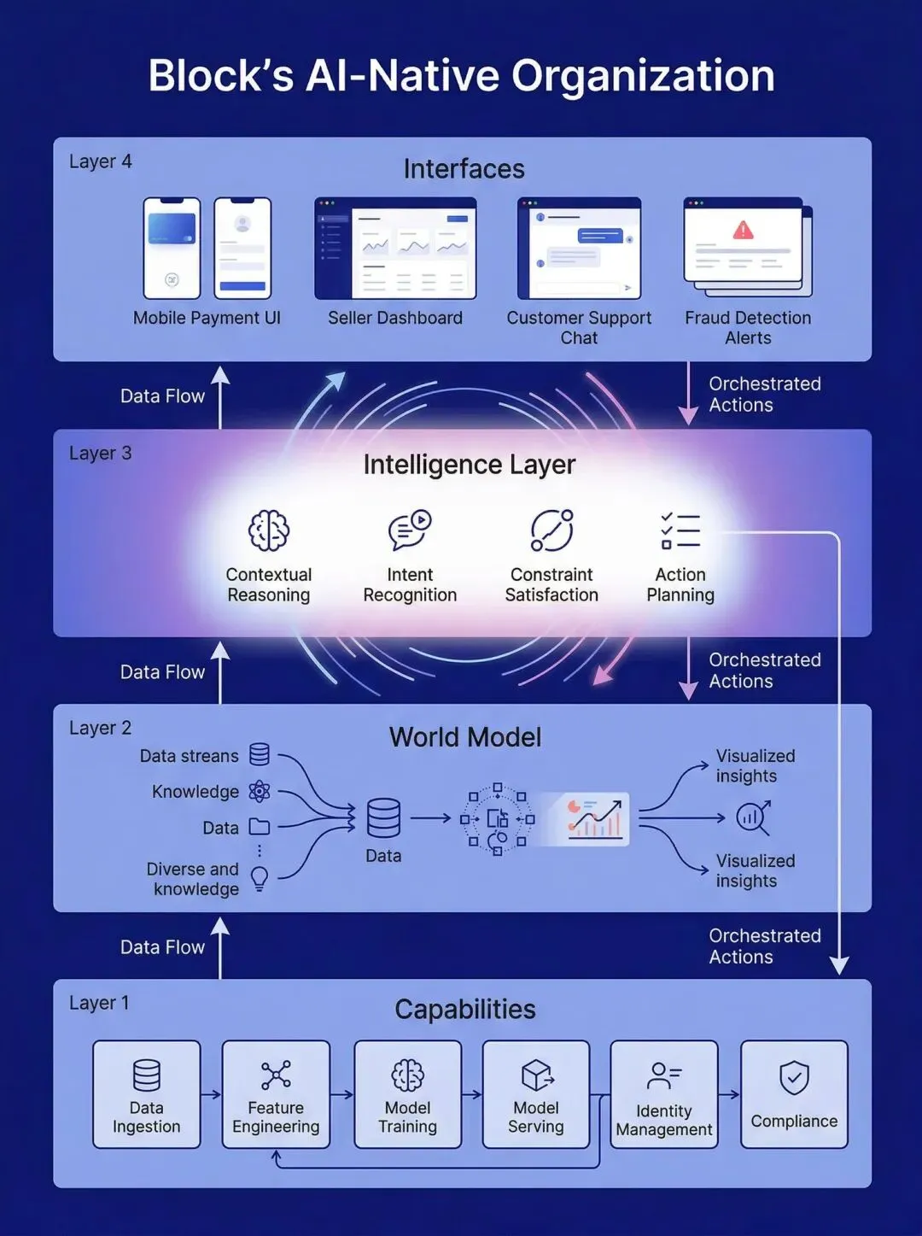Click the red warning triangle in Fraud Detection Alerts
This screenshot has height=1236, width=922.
coord(744,230)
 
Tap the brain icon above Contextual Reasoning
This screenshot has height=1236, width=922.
coord(269,530)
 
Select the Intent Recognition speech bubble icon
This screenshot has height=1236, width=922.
coord(410,530)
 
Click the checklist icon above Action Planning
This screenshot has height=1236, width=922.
coord(680,530)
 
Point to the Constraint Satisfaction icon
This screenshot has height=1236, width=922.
coord(551,530)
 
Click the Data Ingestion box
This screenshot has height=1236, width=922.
coord(147,1094)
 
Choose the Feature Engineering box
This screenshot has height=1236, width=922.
coord(276,1094)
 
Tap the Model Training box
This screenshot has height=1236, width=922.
coord(408,1094)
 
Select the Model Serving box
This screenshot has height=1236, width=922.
coord(536,1094)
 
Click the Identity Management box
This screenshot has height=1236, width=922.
coord(664,1094)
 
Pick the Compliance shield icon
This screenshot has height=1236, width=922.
coord(794,1078)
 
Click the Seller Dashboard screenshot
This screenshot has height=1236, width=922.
coord(395,249)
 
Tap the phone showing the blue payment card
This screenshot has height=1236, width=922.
coord(172,249)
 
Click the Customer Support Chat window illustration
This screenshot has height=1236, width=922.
coord(579,249)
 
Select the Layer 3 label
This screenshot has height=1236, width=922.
coord(101,454)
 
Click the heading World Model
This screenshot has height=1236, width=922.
coord(465,737)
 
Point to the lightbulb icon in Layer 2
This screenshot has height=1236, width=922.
coord(260,878)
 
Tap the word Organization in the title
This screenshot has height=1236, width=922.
coord(643,75)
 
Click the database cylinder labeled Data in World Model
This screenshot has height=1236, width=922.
coord(383,818)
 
